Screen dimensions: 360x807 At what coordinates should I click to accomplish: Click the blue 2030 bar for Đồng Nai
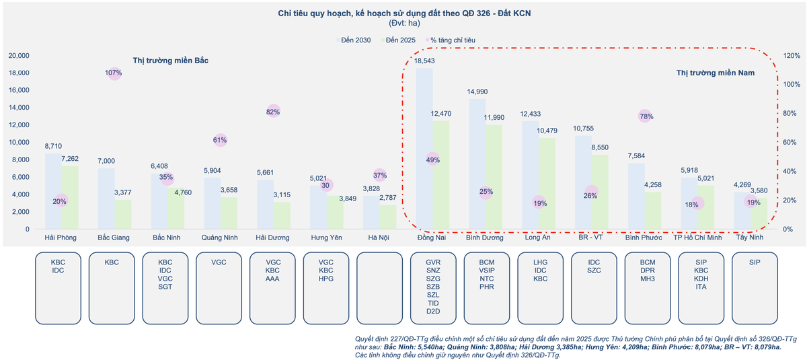[x=424, y=148]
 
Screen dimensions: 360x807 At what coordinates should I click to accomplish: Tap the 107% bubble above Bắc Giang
[x=114, y=73]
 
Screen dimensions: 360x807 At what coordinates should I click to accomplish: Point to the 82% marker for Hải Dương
[x=273, y=112]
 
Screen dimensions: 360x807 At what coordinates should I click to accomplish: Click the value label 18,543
[x=424, y=61]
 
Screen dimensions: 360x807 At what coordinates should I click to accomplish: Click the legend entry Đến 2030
[x=356, y=40]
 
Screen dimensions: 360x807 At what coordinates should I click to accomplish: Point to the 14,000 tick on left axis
[x=19, y=108]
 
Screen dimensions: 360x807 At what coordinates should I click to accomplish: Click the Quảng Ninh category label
[x=220, y=238]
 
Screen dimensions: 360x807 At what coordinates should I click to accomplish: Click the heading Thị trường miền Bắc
[x=171, y=61]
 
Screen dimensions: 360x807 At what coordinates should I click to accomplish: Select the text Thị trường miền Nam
[x=715, y=73]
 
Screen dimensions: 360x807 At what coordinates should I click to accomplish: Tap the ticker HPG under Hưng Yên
[x=326, y=279]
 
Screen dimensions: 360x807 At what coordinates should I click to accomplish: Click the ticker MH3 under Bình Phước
[x=648, y=279]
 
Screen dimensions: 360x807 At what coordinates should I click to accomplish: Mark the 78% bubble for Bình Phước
[x=645, y=116]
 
